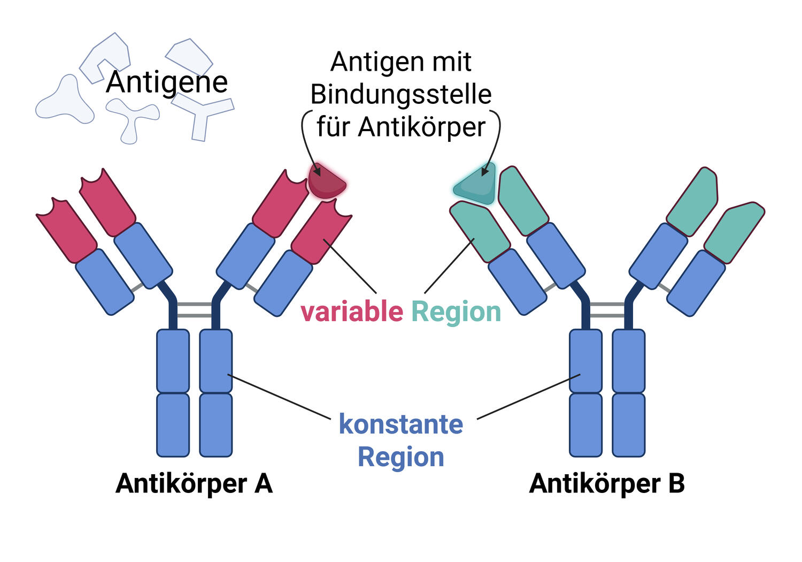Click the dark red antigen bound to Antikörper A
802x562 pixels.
click(x=327, y=182)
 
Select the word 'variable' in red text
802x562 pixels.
click(x=352, y=312)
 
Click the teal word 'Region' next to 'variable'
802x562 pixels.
click(x=456, y=313)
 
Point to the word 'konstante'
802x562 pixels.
click(x=401, y=424)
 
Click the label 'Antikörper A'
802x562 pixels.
click(x=194, y=484)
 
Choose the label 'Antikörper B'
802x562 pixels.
click(x=607, y=484)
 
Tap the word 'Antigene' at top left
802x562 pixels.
click(x=167, y=82)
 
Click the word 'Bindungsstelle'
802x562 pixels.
click(x=401, y=95)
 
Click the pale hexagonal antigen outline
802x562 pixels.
click(x=189, y=57)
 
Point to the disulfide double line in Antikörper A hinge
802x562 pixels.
click(x=195, y=310)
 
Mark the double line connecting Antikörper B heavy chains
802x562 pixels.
click(x=607, y=310)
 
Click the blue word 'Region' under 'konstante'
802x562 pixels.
click(x=401, y=457)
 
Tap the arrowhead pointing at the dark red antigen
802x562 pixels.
click(x=317, y=171)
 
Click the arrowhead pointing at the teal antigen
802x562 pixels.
click(x=485, y=171)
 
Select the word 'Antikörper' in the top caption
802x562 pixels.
click(x=422, y=127)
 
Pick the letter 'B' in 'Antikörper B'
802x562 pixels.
click(x=676, y=483)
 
